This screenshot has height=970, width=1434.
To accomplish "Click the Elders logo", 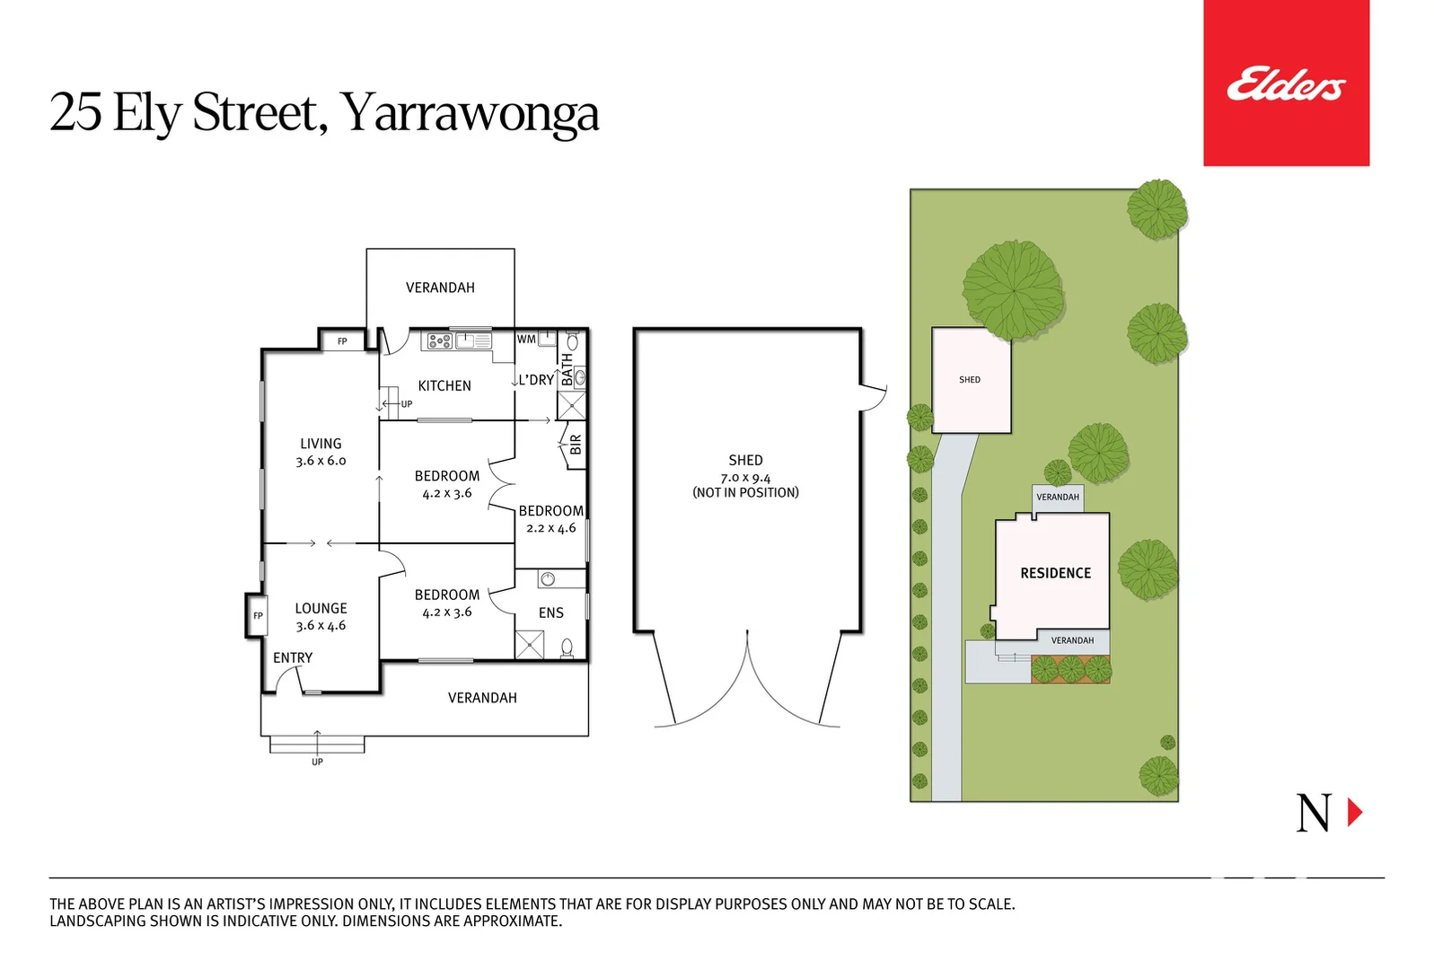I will [x=1285, y=84].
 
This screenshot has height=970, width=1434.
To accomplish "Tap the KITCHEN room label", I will [x=444, y=385].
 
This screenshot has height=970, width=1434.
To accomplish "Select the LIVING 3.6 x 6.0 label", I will [x=321, y=452].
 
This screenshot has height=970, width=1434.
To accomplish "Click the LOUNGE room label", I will [x=321, y=608].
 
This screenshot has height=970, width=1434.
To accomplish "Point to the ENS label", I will [x=550, y=613].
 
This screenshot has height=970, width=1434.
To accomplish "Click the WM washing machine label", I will [x=526, y=339].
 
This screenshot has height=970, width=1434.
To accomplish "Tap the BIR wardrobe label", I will [x=576, y=444].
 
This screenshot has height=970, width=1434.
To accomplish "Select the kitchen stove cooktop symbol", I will [x=439, y=341].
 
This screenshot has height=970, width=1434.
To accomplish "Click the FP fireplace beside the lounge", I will [x=258, y=615].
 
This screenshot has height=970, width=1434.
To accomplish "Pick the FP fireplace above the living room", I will [x=342, y=341].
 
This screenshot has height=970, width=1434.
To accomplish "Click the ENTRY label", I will [x=293, y=657].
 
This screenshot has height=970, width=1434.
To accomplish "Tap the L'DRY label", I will [x=536, y=380].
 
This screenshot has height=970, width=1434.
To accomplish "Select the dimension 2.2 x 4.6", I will [x=550, y=528].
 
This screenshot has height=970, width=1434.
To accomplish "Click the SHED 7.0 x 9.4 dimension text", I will [x=745, y=478].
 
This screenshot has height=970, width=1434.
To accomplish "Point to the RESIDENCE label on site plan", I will [x=1055, y=573].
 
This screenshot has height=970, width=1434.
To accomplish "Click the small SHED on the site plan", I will [x=970, y=380].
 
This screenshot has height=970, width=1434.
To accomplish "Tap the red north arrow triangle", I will [x=1354, y=812].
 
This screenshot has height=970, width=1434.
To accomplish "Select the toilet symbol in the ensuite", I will [x=567, y=647].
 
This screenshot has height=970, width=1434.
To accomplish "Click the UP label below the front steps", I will [x=317, y=762].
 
